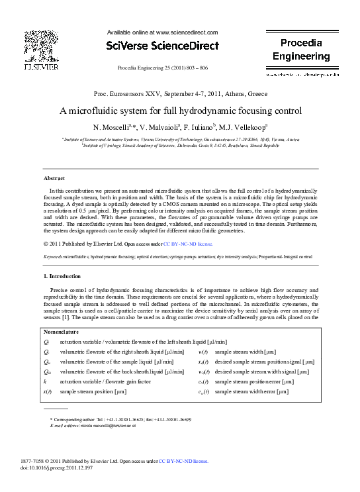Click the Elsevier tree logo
[x=41, y=48]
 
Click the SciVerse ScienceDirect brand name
[x=162, y=46]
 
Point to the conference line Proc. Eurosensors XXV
[x=180, y=95]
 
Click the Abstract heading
[x=54, y=179]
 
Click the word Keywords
[x=54, y=255]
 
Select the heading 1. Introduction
[x=63, y=275]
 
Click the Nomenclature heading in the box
[x=62, y=331]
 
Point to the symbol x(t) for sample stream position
[x=47, y=392]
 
